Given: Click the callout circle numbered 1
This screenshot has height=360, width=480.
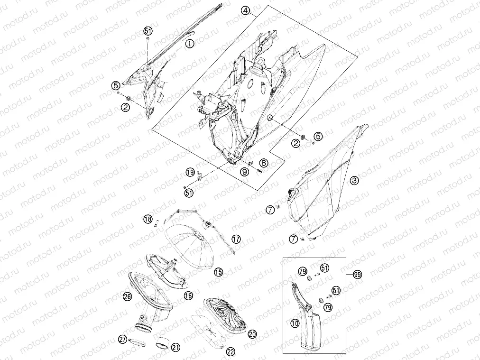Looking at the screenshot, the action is pyautogui.click(x=190, y=44).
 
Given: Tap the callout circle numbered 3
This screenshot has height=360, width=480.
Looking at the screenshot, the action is pyautogui.click(x=354, y=180).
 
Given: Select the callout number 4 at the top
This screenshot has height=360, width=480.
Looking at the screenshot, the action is pyautogui.click(x=245, y=11).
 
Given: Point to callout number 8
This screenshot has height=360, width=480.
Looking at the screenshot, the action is pyautogui.click(x=264, y=163).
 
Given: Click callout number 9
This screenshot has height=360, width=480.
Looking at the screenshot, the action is pyautogui.click(x=244, y=172).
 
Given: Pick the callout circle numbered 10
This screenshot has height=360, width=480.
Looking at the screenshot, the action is pyautogui.click(x=295, y=323).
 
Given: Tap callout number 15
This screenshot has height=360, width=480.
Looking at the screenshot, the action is pyautogui.click(x=219, y=272).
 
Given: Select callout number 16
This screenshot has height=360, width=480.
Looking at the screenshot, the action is pyautogui.click(x=188, y=295).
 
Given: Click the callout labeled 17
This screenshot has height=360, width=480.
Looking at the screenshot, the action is pyautogui.click(x=236, y=239).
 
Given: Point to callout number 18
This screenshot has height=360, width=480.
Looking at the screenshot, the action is pyautogui.click(x=148, y=219).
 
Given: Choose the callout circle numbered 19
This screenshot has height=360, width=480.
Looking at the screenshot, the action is pyautogui.click(x=190, y=172).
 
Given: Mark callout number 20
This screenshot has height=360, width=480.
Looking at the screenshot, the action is pyautogui.click(x=252, y=334).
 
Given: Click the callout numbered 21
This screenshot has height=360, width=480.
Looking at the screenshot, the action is pyautogui.click(x=175, y=347).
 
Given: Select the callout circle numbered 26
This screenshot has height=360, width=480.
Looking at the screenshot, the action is pyautogui.click(x=127, y=296).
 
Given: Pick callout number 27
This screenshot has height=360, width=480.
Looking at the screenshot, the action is pyautogui.click(x=123, y=339).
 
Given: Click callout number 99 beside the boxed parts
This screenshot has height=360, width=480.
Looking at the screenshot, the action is pyautogui.click(x=357, y=275).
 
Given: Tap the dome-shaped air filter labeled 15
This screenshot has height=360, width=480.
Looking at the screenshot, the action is pyautogui.click(x=191, y=247).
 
